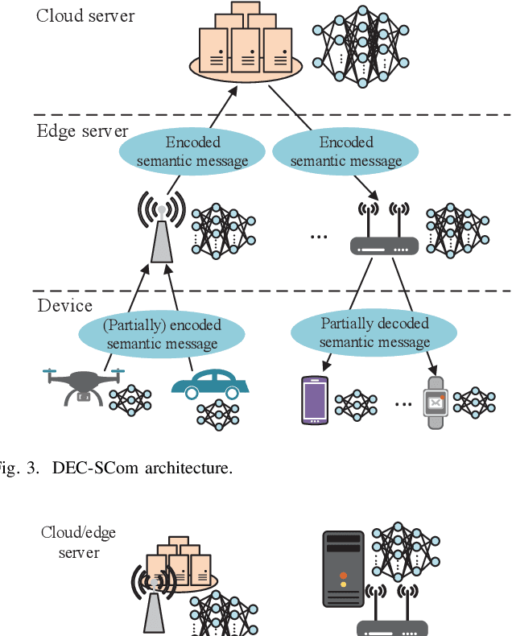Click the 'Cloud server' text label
click(x=85, y=15)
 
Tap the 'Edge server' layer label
click(x=82, y=130)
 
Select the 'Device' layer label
click(x=64, y=306)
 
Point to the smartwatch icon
click(x=436, y=401)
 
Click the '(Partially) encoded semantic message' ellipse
click(x=162, y=335)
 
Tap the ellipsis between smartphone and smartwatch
click(x=403, y=402)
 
